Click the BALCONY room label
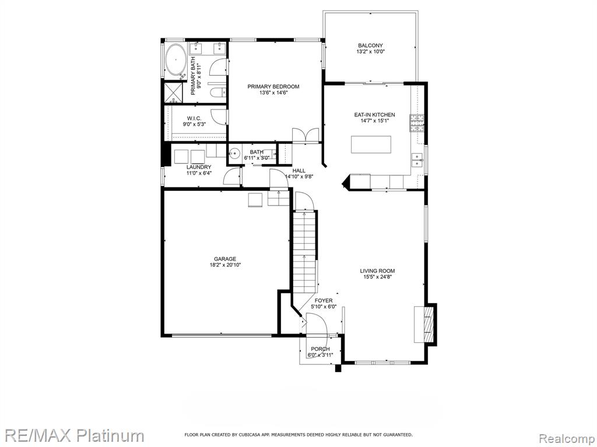[370, 45]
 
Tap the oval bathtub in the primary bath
[175, 59]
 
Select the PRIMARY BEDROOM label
[273, 87]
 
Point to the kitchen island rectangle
[371, 144]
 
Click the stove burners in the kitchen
[416, 123]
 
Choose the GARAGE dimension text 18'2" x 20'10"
[226, 265]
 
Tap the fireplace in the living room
[425, 324]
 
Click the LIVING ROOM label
[377, 271]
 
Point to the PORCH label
[320, 349]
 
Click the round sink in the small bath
[234, 154]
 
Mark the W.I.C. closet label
[194, 119]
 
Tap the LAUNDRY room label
[199, 167]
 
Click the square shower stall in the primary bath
[174, 93]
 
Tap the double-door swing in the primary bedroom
[305, 136]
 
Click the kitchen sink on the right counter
[417, 159]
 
